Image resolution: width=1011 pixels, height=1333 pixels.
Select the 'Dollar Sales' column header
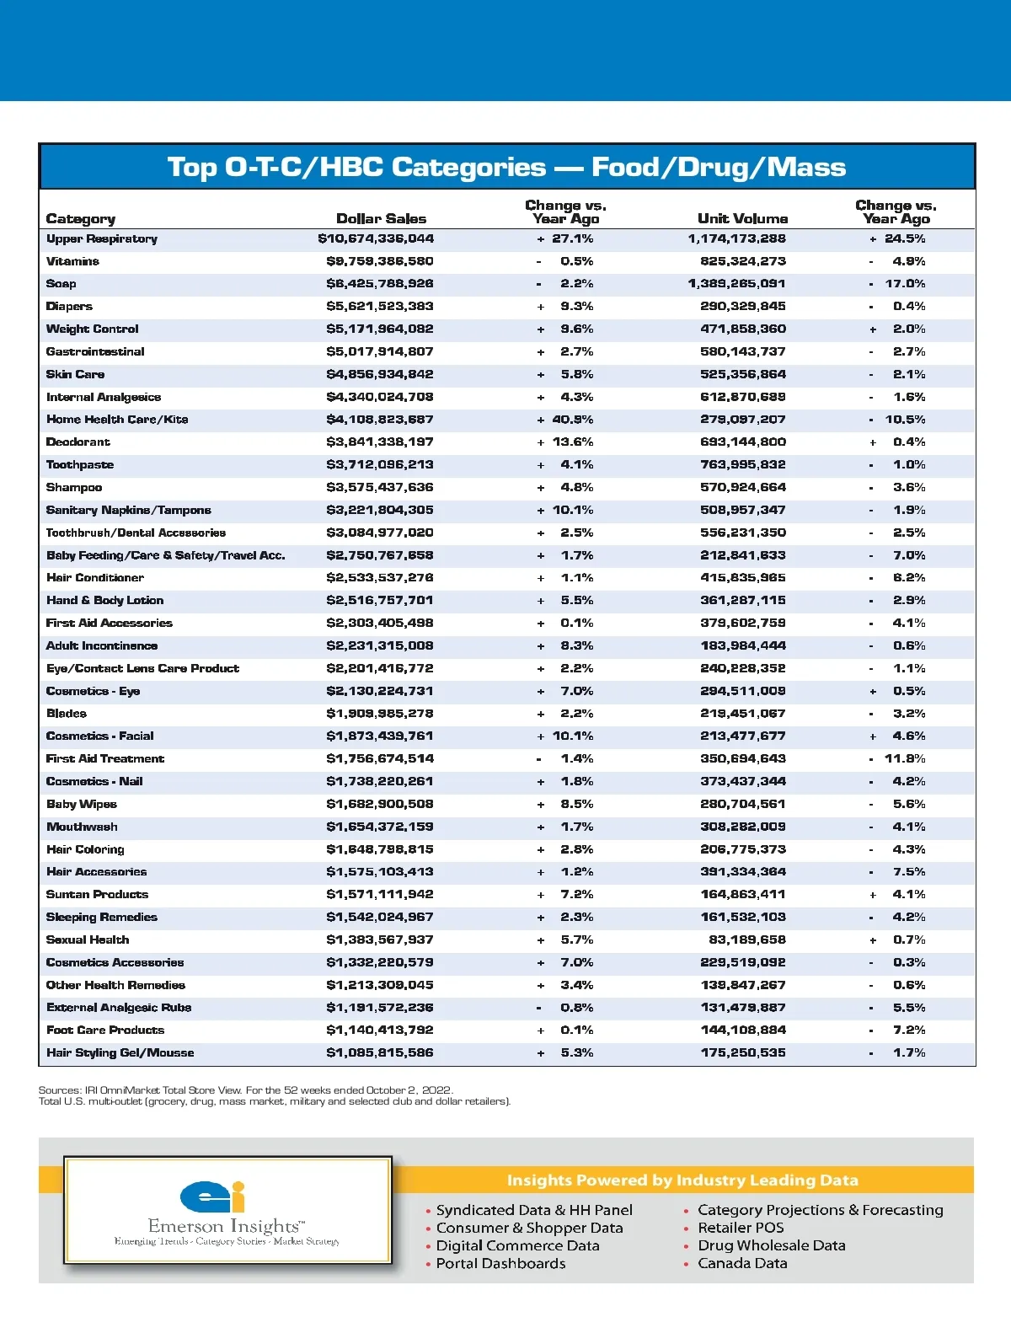point(381,218)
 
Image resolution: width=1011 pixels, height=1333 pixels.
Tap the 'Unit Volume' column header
point(742,218)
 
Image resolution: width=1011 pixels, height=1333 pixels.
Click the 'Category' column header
point(81,219)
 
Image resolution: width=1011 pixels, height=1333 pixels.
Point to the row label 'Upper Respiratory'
point(102,239)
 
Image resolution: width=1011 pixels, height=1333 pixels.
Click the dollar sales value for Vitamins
point(380,261)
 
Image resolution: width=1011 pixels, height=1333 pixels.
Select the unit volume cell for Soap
point(736,284)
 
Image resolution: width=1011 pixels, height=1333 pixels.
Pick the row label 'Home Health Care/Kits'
point(117,420)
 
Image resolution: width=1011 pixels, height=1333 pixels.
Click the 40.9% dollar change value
point(572,420)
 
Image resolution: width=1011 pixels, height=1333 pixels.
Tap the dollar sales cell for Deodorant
point(380,442)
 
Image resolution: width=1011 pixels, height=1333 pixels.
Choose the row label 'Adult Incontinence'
point(102,646)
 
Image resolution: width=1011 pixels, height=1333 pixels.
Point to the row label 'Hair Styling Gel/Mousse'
point(120,1052)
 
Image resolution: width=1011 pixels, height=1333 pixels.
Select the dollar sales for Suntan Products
point(380,894)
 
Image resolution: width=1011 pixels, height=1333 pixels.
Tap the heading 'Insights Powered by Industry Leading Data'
point(682,1180)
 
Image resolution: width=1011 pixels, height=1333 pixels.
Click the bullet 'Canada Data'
point(742,1263)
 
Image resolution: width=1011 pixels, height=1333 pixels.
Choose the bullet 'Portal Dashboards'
point(500,1263)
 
